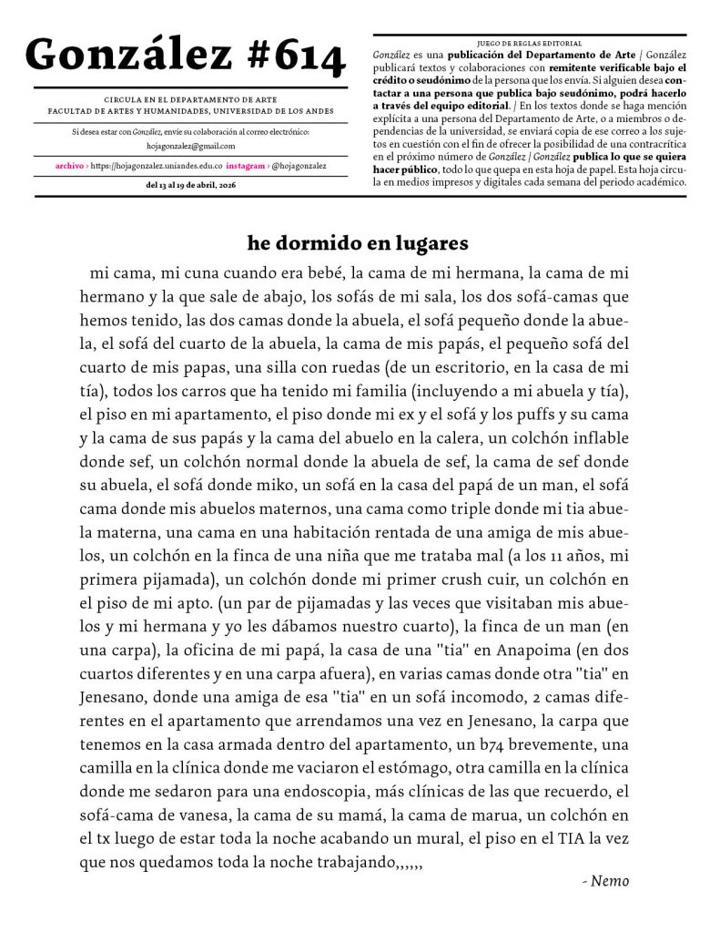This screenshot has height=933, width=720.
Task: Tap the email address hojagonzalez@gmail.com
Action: (190, 146)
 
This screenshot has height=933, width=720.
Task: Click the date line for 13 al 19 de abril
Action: (190, 185)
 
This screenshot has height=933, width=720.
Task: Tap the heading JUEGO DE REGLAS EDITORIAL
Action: (530, 43)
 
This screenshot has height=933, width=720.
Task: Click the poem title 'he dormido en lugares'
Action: (358, 243)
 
